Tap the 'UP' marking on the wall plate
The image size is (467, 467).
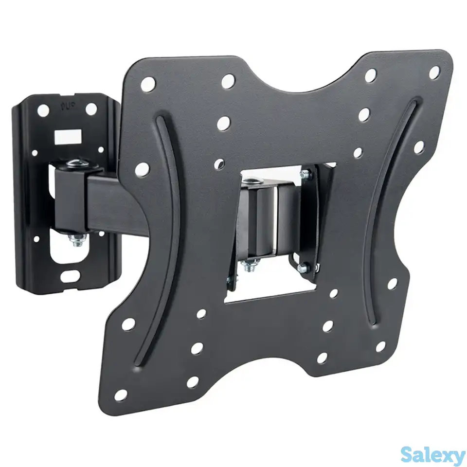(67, 106)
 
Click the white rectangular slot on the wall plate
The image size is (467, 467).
(68, 136)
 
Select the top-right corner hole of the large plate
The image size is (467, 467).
(434, 72)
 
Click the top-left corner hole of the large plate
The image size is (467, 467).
(148, 84)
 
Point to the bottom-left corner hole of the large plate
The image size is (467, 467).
(121, 395)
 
